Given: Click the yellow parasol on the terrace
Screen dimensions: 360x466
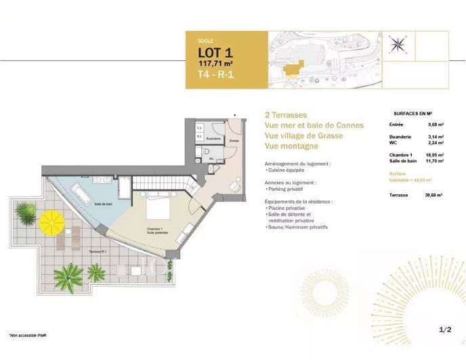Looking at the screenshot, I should (51, 221).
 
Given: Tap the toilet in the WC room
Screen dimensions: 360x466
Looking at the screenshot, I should (204, 161).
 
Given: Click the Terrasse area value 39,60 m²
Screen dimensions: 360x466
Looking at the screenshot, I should (435, 194).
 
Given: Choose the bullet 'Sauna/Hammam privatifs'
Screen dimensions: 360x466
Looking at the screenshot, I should (298, 227).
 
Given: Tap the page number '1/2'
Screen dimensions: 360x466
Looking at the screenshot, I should (445, 330).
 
